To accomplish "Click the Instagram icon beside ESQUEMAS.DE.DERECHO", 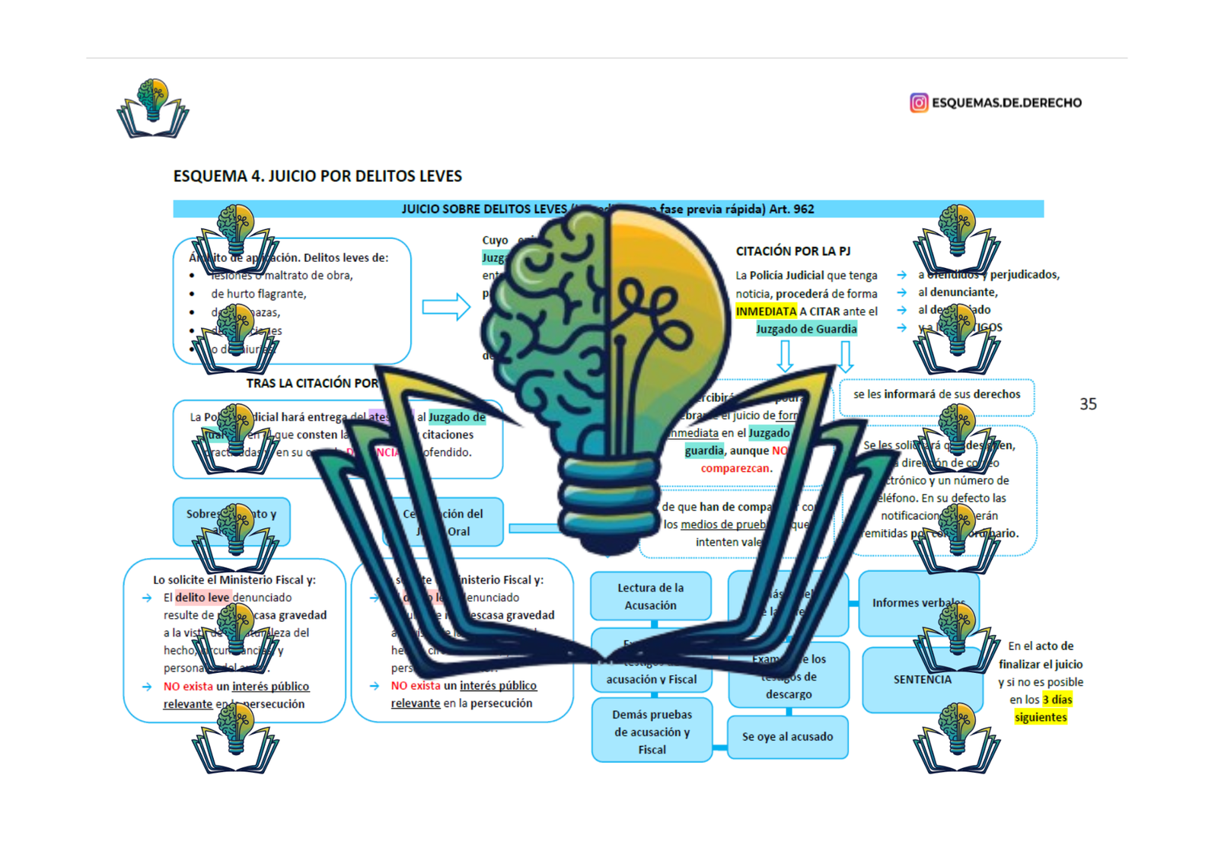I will click(919, 103).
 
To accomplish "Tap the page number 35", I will click(1088, 404).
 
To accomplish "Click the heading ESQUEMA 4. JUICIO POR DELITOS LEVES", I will click(317, 177).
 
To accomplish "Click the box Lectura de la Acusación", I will click(650, 596).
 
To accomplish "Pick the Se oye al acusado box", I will click(787, 737).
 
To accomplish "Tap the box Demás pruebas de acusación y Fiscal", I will click(652, 732).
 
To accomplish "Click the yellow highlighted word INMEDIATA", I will click(766, 311).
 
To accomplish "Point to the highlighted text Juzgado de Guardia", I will click(806, 329).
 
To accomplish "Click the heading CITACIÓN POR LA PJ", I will click(793, 251).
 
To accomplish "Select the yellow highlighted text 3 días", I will click(1057, 700).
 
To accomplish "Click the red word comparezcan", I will click(735, 468).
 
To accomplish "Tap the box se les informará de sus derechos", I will click(936, 394).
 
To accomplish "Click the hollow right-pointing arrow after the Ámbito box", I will click(446, 307).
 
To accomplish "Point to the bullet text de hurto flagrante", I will click(258, 294).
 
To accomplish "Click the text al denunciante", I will click(957, 292).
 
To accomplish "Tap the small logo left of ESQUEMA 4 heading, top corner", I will click(153, 109).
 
